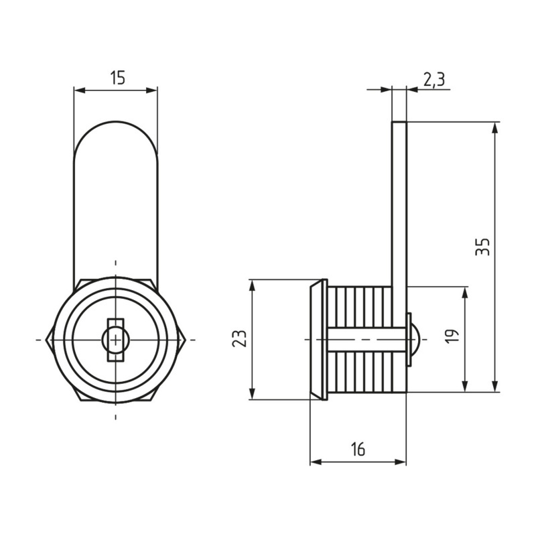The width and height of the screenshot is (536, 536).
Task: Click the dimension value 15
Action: (118, 78)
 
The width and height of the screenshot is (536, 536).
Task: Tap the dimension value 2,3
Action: (433, 80)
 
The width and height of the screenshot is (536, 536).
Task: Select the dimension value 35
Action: (482, 247)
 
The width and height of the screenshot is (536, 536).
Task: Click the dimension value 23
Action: (239, 338)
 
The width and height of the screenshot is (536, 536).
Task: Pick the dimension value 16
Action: (358, 449)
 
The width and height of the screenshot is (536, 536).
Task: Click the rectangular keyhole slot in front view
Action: (116, 340)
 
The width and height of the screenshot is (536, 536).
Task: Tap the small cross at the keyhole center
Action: (116, 340)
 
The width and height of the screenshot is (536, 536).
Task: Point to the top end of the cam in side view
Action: (399, 122)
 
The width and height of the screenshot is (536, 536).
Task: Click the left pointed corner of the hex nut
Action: (46, 340)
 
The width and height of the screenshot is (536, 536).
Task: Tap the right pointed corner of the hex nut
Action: (185, 340)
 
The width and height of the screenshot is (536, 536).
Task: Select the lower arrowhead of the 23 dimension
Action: (253, 393)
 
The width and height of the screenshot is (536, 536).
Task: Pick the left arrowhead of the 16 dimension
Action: (316, 462)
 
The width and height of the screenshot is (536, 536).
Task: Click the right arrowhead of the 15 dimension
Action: (151, 90)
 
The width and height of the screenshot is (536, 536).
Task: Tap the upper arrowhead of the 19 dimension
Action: (464, 294)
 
